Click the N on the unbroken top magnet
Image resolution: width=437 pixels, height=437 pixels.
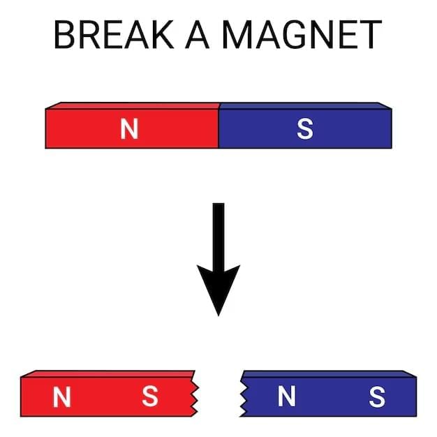[x=129, y=128]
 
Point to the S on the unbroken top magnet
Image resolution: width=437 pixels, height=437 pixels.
[x=305, y=128]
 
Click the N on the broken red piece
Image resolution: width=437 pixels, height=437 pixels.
[x=62, y=397]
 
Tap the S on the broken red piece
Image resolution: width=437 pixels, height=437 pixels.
[x=150, y=397]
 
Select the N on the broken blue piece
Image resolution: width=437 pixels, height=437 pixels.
[x=287, y=397]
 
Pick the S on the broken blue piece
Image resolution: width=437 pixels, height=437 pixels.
[x=377, y=397]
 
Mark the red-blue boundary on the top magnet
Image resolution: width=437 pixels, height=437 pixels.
[x=218, y=128]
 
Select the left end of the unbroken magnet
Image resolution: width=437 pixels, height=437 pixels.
[x=47, y=128]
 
